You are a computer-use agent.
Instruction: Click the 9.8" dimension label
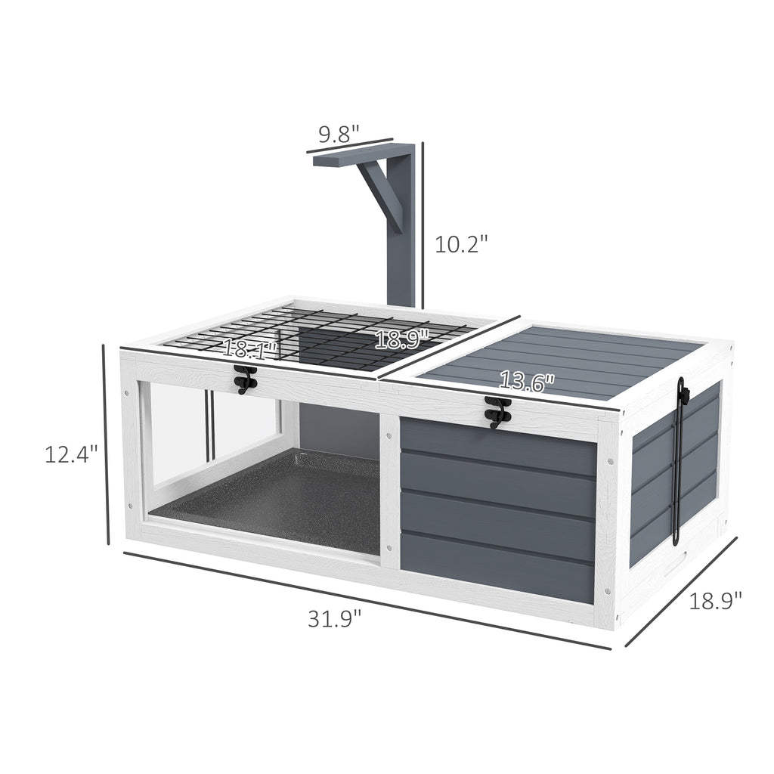[339, 134]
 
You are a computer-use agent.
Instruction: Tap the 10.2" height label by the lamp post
[460, 244]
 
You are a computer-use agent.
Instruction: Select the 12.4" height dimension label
[71, 454]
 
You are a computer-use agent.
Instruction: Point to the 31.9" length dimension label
[335, 618]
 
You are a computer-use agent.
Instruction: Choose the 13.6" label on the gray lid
[527, 382]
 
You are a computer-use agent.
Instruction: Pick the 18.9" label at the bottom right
[715, 601]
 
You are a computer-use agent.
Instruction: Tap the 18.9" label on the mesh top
[401, 339]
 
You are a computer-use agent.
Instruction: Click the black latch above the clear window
[246, 379]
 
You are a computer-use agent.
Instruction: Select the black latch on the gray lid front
[496, 412]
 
